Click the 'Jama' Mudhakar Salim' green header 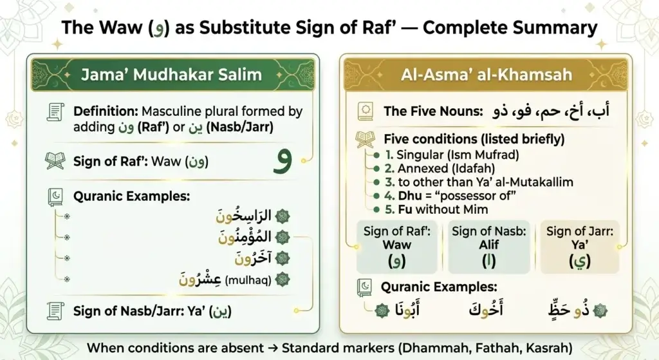point(172,75)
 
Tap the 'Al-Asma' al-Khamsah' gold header point(486,75)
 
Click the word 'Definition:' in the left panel point(106,111)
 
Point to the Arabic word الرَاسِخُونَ point(243,216)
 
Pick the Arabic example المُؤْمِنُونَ point(245,237)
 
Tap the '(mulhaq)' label point(248,279)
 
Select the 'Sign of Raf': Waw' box point(396,247)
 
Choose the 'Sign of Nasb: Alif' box point(489,247)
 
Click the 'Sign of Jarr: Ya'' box point(580,247)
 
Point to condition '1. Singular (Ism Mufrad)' point(452,155)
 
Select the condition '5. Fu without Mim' point(437,209)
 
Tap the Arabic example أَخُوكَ point(486,310)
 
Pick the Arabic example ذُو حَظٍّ point(569,310)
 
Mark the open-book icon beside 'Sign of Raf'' point(55,161)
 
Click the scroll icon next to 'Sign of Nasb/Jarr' point(55,311)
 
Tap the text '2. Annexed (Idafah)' point(440,169)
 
